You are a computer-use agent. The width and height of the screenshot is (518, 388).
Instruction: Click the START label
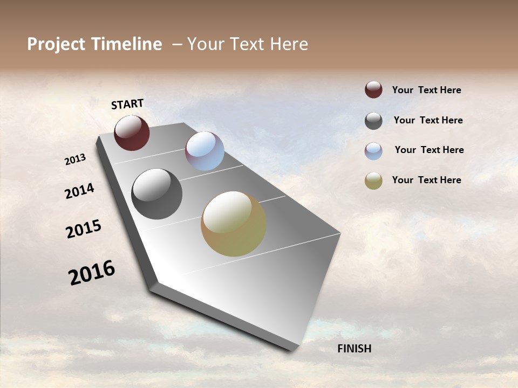[127, 104]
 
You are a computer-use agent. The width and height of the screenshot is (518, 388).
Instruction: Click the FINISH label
[354, 349]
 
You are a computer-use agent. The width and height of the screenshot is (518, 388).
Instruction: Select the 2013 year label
[76, 160]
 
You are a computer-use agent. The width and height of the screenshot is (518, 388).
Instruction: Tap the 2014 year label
[79, 191]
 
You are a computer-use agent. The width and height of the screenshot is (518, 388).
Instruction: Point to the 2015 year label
[84, 229]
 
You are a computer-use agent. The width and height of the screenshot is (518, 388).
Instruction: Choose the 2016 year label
[92, 272]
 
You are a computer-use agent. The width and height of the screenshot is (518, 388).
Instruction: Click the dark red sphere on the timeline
[132, 133]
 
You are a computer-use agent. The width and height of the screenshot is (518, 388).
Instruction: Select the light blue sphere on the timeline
[205, 151]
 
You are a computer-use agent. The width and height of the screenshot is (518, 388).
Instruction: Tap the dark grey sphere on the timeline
[156, 194]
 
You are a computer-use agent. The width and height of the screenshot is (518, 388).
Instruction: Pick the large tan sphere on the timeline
[234, 224]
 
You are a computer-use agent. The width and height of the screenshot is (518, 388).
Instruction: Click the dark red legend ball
[373, 89]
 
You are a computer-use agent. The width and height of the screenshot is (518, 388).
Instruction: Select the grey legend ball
[373, 121]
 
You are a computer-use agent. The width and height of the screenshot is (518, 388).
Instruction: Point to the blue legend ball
[373, 151]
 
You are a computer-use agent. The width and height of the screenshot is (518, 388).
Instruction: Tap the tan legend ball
[373, 181]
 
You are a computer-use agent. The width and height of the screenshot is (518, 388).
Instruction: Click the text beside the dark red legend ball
[426, 90]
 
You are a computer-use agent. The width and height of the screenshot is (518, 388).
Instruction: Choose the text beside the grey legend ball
[428, 120]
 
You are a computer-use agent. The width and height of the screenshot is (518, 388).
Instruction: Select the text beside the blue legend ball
[429, 150]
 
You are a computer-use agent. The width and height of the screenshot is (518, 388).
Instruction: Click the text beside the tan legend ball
[426, 180]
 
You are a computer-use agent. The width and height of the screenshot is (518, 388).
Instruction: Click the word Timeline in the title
[127, 44]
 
